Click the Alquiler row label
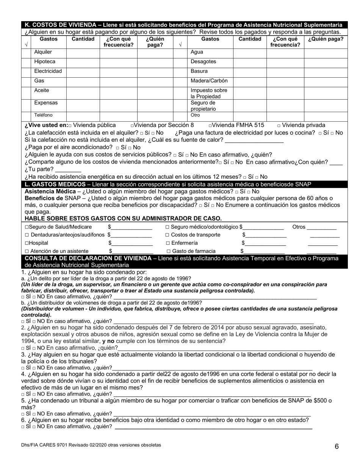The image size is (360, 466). (43, 52)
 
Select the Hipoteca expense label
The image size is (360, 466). (44, 62)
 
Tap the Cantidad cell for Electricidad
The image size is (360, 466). (83, 71)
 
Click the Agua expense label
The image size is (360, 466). (197, 52)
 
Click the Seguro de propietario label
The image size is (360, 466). (203, 106)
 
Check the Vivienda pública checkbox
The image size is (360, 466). (70, 125)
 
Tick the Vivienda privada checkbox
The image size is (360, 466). (279, 125)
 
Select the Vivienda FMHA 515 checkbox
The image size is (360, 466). (210, 125)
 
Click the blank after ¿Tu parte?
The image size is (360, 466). (68, 170)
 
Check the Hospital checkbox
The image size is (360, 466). (27, 243)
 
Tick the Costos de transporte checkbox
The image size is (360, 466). (168, 235)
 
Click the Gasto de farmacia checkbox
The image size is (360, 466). (168, 251)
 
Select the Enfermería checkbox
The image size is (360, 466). (168, 243)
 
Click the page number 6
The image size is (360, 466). (337, 446)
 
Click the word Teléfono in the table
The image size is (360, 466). (43, 115)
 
